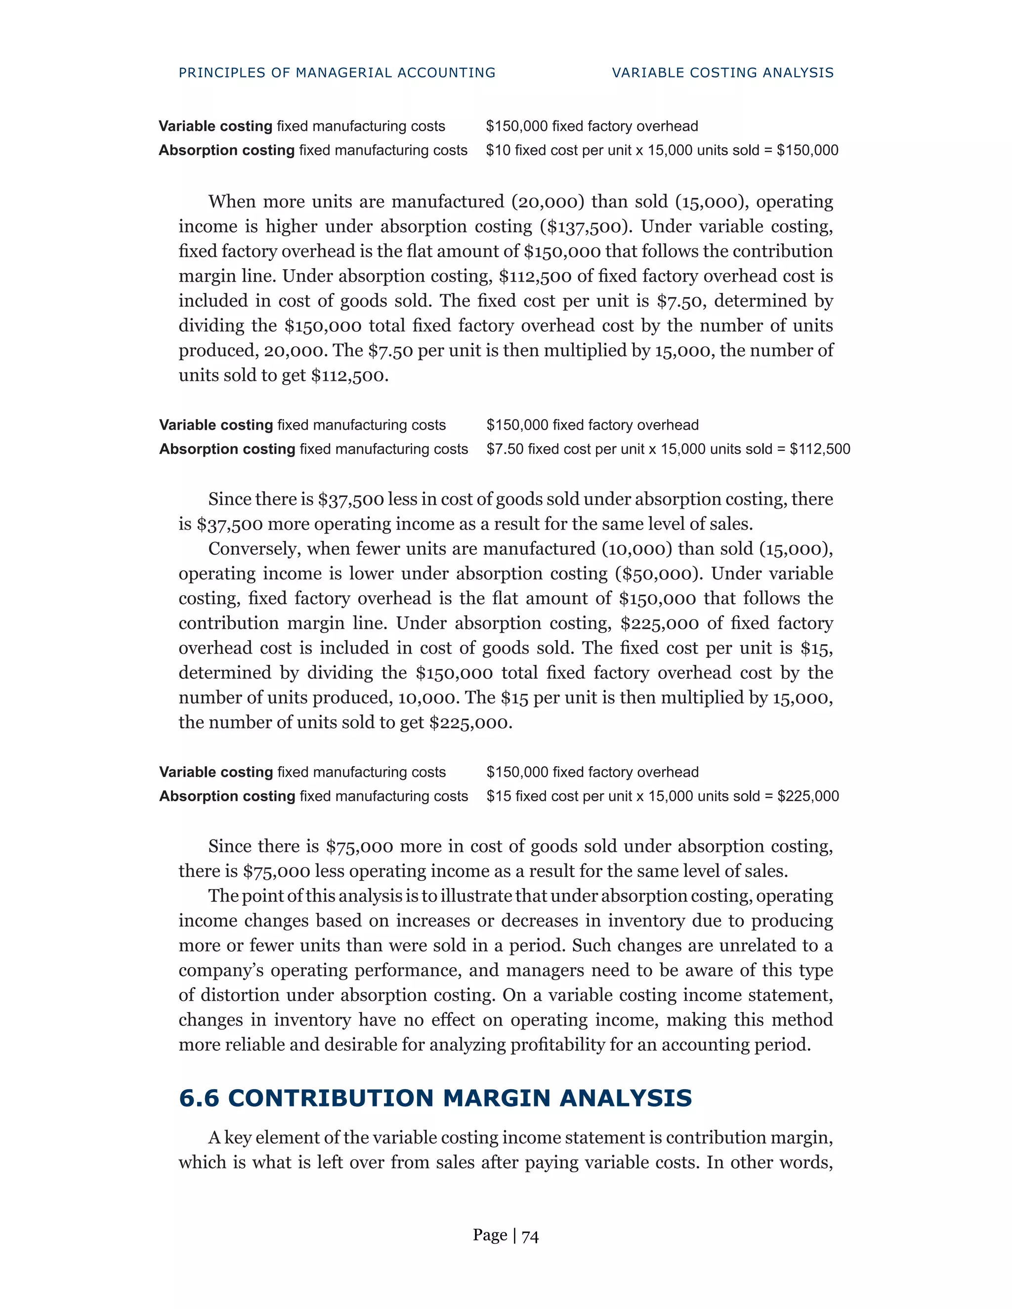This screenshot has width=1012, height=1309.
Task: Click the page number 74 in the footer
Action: coord(530,1235)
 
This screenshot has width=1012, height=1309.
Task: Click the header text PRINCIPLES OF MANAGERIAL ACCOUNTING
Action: coord(337,73)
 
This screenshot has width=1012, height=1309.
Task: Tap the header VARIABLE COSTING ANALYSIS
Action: coord(722,73)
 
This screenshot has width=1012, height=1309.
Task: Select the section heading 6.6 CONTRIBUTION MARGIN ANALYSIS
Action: coord(435,1098)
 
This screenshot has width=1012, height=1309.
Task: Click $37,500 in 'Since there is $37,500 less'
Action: coord(351,499)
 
